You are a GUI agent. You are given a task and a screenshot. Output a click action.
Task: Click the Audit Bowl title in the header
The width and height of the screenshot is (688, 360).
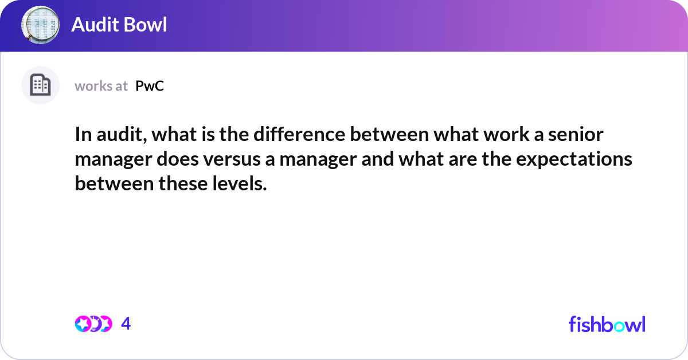(x=119, y=25)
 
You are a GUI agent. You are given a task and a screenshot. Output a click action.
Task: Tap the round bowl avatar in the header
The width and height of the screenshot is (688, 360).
(x=41, y=25)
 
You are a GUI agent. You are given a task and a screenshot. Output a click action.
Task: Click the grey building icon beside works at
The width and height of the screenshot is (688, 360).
(x=40, y=85)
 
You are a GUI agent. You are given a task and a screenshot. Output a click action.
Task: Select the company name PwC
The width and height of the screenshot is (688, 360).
(x=150, y=86)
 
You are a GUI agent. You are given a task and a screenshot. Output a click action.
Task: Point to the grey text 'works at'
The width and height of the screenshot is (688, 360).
(x=101, y=86)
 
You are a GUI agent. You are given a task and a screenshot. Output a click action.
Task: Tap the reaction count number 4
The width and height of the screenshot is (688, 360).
(x=126, y=324)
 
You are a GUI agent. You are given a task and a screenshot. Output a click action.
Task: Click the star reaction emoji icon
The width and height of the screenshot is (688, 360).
(x=84, y=324)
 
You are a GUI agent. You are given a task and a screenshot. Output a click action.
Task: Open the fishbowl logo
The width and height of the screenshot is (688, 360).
(x=607, y=324)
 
